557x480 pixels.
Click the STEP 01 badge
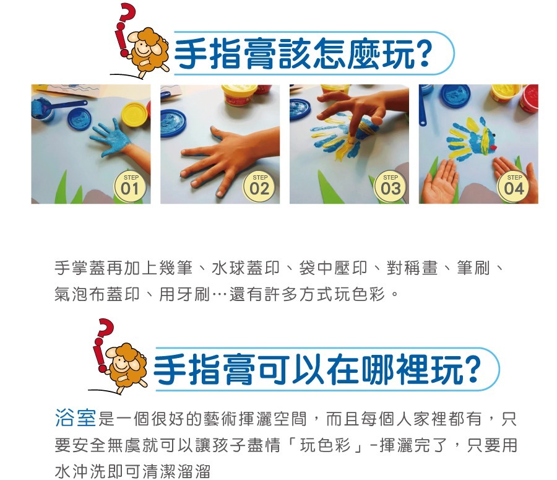click(x=130, y=185)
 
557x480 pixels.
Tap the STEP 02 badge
click(x=260, y=185)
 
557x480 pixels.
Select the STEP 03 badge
click(x=391, y=185)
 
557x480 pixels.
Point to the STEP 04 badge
click(x=514, y=185)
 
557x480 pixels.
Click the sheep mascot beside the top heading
click(x=149, y=51)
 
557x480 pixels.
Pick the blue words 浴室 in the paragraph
click(x=76, y=419)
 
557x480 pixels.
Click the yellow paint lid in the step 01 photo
click(x=136, y=114)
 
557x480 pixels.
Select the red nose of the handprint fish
click(x=493, y=147)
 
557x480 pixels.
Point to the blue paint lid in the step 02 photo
click(x=173, y=123)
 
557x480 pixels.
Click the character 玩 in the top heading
click(x=398, y=54)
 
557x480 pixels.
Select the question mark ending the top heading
click(x=424, y=54)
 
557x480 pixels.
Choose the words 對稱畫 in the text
click(x=412, y=268)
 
